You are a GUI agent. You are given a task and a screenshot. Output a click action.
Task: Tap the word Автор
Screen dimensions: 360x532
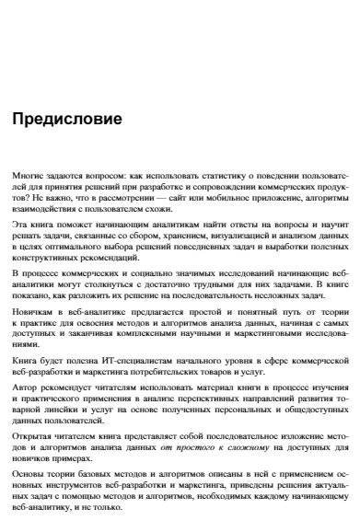tap(26, 411)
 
